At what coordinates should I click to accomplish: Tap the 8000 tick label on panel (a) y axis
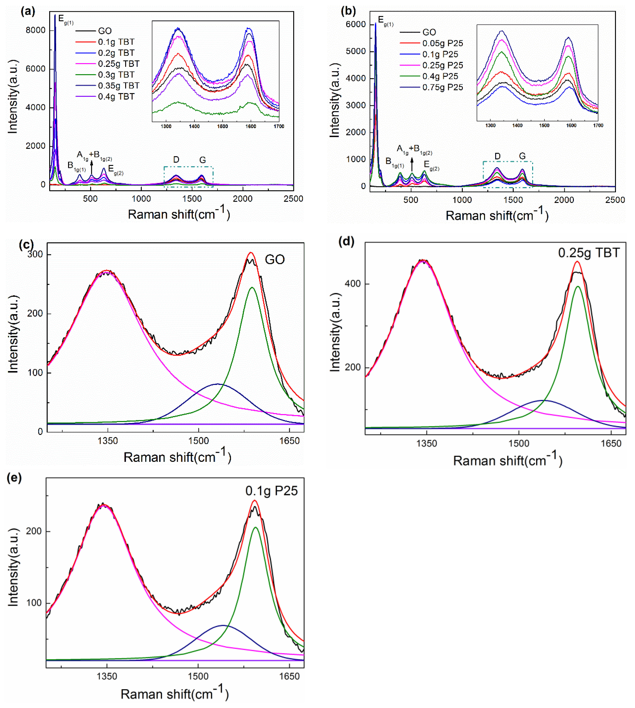pos(36,30)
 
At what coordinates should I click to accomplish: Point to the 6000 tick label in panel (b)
pos(356,25)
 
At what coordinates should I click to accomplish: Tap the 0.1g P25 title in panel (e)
pos(271,491)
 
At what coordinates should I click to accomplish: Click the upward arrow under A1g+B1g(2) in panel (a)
pos(92,167)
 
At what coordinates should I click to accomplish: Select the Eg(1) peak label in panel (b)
pos(386,21)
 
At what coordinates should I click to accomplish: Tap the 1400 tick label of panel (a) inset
pos(194,126)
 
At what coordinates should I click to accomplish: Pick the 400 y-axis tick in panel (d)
pos(353,284)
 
